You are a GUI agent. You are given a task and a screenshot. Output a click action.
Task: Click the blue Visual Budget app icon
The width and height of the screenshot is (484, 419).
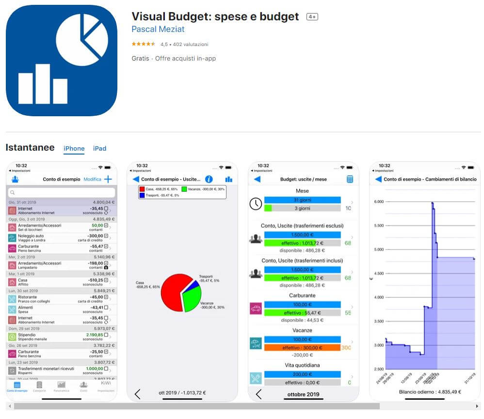[62, 61]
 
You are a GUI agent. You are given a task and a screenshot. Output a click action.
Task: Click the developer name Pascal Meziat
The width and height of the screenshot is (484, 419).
[158, 29]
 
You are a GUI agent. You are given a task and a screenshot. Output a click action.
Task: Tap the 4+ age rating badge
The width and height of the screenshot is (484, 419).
[312, 17]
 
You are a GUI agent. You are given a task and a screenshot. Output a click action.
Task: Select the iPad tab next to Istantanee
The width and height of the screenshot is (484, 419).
[99, 148]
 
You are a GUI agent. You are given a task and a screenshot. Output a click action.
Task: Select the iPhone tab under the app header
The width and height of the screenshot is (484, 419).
[74, 148]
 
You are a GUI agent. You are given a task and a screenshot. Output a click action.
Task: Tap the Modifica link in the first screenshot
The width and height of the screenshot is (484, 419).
[92, 179]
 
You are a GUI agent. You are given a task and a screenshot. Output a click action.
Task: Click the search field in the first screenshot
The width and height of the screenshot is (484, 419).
[62, 192]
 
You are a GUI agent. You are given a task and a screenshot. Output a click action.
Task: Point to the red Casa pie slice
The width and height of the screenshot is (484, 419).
[171, 292]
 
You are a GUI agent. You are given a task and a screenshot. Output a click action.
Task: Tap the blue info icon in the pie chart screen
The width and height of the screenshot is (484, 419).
[209, 179]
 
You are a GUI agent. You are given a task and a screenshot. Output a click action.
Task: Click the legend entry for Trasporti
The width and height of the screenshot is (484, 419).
[158, 195]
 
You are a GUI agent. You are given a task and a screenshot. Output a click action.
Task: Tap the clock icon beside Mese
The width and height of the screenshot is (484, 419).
[256, 204]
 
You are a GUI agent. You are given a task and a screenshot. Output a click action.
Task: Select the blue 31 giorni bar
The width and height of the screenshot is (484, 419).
[302, 200]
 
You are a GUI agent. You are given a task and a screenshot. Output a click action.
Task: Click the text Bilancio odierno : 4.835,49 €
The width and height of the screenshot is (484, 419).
[430, 392]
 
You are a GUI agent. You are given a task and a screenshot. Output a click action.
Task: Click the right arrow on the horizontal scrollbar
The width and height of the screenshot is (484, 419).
[477, 406]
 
